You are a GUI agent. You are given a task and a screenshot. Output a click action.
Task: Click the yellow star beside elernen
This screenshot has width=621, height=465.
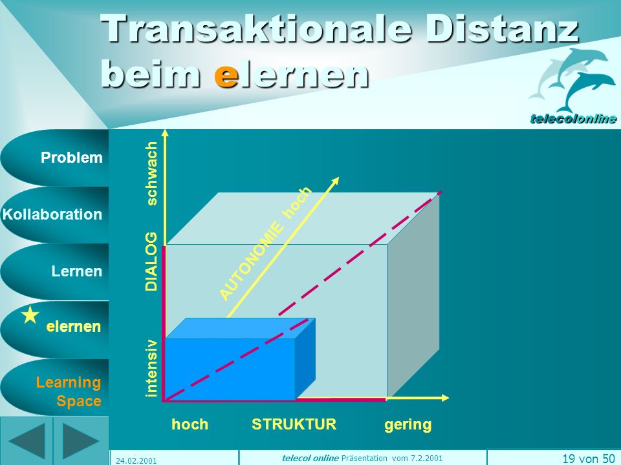30,316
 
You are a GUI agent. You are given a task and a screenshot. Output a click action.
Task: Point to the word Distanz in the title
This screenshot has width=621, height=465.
503,29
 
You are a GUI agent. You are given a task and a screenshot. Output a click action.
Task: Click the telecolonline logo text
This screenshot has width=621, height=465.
573,118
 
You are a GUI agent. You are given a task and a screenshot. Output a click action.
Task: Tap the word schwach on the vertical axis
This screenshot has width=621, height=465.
151,174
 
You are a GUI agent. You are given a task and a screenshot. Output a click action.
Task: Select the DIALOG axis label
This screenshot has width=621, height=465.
151,262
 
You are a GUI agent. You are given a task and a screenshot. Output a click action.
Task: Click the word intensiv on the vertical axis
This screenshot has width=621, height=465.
151,368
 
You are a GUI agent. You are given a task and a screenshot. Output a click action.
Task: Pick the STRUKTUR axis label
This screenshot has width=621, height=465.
294,424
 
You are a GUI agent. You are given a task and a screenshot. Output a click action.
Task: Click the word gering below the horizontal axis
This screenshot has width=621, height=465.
408,425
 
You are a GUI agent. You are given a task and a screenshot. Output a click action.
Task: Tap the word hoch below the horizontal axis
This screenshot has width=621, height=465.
190,424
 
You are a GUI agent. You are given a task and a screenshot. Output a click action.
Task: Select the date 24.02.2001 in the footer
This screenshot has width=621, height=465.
136,460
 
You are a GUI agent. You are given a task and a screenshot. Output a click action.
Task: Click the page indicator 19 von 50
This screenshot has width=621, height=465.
589,459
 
